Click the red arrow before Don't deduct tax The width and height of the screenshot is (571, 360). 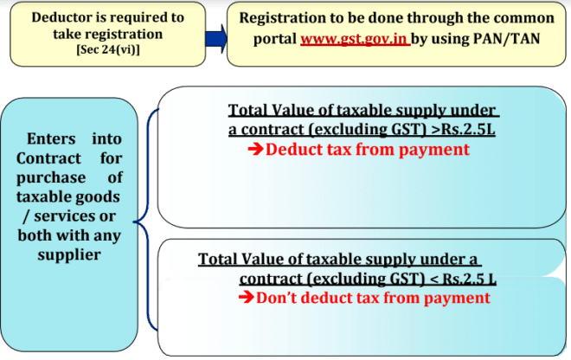pyautogui.click(x=245, y=299)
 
